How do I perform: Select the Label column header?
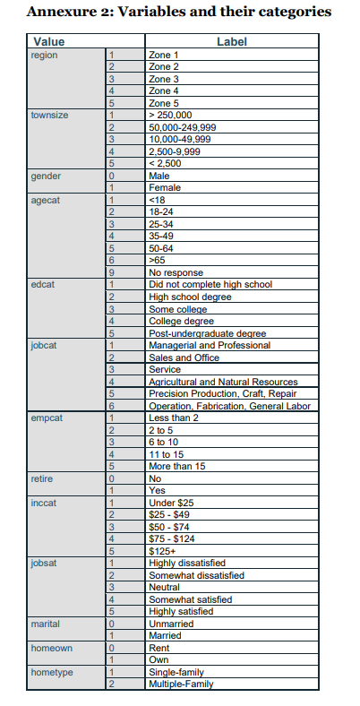pyautogui.click(x=231, y=42)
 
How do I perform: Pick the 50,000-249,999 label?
pyautogui.click(x=183, y=128)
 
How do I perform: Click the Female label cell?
pyautogui.click(x=165, y=188)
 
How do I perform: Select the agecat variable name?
pyautogui.click(x=45, y=201)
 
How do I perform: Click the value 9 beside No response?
pyautogui.click(x=112, y=272)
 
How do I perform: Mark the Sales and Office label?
pyautogui.click(x=184, y=357)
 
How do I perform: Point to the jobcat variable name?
pyautogui.click(x=44, y=345)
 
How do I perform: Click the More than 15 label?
pyautogui.click(x=177, y=466)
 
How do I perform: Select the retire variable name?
pyautogui.click(x=41, y=479)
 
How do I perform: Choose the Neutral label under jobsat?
pyautogui.click(x=165, y=587)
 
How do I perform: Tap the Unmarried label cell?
pyautogui.click(x=170, y=624)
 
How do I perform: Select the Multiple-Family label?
pyautogui.click(x=181, y=684)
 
